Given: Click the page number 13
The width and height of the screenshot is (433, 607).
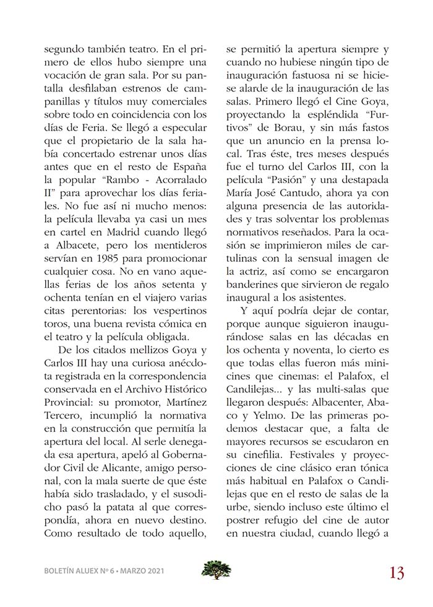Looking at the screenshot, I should [x=397, y=572].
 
